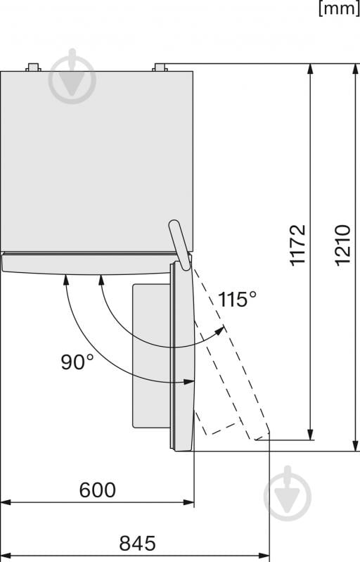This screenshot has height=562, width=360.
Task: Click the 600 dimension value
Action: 97,490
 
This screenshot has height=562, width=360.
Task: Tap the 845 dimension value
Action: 137,543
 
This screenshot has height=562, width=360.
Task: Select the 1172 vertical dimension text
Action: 299,244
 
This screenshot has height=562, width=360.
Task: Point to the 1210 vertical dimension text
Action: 342,244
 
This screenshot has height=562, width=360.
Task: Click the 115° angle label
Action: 237,300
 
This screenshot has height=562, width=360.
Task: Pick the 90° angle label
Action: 77,362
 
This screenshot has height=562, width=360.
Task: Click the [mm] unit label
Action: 339,9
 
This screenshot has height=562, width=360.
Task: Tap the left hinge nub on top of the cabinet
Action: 33,68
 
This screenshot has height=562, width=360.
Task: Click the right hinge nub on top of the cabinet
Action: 160,68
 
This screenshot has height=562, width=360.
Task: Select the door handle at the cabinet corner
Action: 179,243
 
